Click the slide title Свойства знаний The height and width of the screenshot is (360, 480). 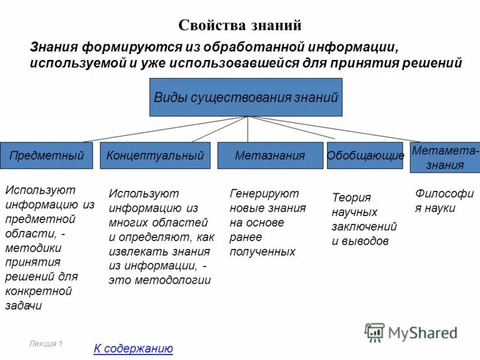(239, 25)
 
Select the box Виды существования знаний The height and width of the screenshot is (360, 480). (246, 97)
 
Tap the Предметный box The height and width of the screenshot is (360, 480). (46, 155)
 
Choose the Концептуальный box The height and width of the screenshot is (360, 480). (155, 155)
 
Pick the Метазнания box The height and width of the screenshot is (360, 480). (270, 155)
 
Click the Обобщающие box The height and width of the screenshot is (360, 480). (365, 155)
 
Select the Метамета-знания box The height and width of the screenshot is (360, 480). (445, 158)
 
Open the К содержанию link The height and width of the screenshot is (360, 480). (133, 349)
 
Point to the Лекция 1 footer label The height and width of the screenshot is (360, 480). (46, 344)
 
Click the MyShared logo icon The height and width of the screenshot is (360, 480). (374, 332)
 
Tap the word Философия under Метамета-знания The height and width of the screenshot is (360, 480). (444, 193)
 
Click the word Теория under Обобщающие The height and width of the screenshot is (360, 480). (352, 197)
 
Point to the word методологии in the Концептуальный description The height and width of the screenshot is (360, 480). (181, 280)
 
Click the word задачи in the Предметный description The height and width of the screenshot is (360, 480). (23, 305)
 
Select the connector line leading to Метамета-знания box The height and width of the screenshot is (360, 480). (336, 129)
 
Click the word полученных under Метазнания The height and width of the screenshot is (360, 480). (262, 251)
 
